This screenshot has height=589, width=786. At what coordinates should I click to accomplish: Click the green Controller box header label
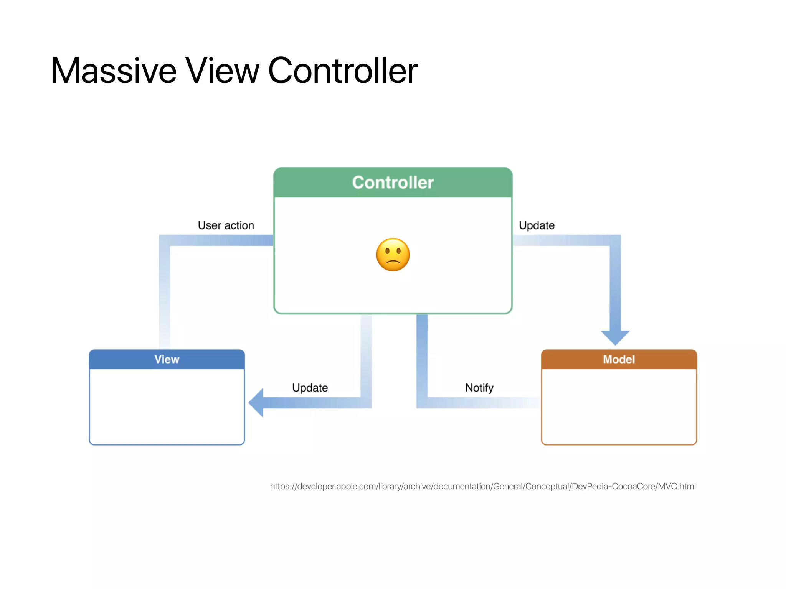[x=393, y=183]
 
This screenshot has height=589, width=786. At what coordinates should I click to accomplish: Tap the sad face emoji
[x=393, y=255]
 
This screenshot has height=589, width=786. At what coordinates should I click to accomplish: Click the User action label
[x=226, y=225]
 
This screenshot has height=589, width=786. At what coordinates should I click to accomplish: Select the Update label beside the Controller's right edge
[x=537, y=225]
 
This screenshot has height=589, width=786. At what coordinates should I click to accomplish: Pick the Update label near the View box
[x=310, y=388]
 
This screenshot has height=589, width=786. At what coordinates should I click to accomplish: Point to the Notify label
[x=479, y=388]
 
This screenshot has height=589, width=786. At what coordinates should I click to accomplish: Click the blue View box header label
[x=167, y=359]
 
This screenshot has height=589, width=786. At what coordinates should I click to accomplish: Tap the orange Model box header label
[x=619, y=359]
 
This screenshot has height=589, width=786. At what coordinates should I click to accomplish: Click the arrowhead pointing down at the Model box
[x=615, y=337]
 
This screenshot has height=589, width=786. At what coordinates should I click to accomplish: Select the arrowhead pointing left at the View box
[x=256, y=403]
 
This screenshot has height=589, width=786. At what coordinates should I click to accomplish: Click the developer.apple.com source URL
[x=482, y=486]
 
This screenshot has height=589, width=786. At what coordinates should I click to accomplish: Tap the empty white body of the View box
[x=167, y=406]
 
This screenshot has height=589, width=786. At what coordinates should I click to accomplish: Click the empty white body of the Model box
[x=619, y=406]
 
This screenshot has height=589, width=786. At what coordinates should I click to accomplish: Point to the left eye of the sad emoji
[x=387, y=252]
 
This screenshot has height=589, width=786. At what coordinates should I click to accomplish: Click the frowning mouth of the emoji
[x=393, y=263]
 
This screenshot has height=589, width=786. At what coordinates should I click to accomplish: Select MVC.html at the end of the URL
[x=677, y=486]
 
